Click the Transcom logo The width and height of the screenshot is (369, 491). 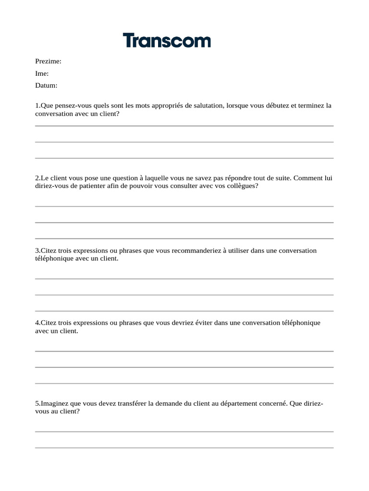click(x=167, y=40)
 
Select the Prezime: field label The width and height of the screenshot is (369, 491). click(x=48, y=61)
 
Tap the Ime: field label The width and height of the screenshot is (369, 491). click(x=42, y=74)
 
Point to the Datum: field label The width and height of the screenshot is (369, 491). click(x=46, y=86)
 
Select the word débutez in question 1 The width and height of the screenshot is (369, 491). click(x=278, y=105)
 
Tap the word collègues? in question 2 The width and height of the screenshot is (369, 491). click(x=242, y=186)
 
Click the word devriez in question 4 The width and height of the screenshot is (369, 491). click(x=184, y=323)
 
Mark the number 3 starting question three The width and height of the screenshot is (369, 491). click(x=37, y=250)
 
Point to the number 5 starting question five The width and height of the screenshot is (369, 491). click(x=37, y=403)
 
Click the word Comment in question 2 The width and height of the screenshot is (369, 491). click(x=308, y=178)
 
